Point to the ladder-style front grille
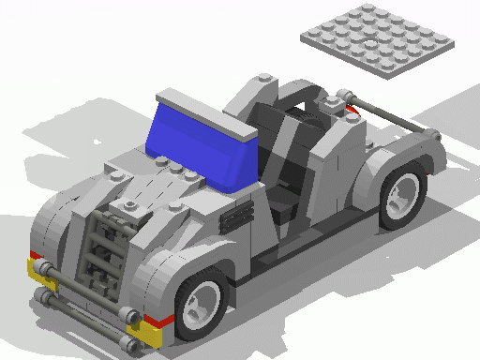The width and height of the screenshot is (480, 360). tap(101, 253)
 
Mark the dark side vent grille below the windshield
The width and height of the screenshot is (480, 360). tap(235, 218)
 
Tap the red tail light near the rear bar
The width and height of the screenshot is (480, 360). tap(351, 110)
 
